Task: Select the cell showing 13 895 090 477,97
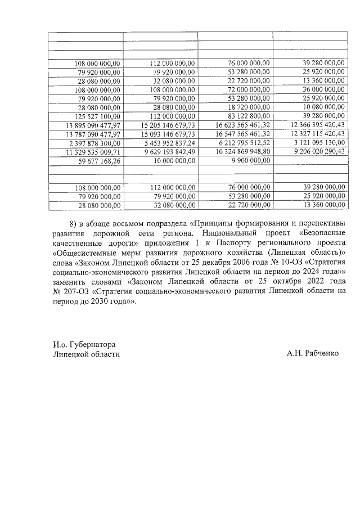(x=93, y=125)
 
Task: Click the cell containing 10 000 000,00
(x=172, y=160)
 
